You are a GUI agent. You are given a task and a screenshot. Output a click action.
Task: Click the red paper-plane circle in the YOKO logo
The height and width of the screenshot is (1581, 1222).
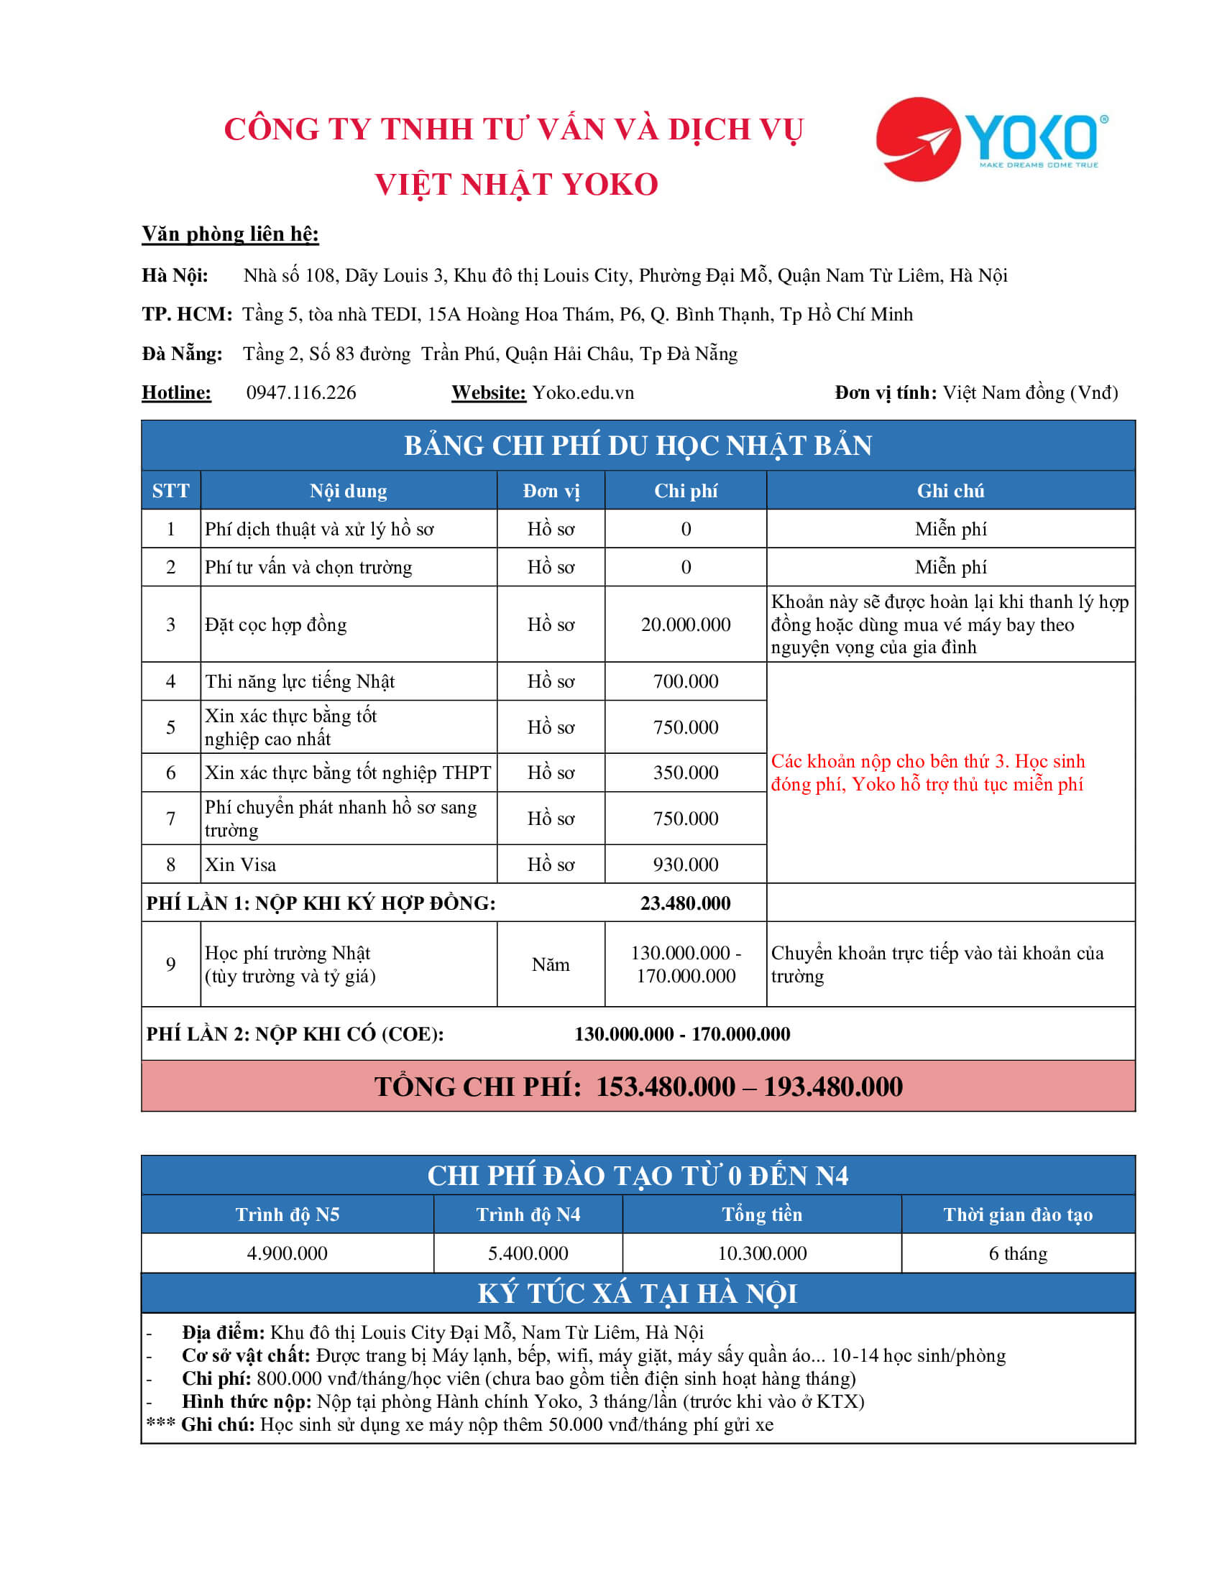917,139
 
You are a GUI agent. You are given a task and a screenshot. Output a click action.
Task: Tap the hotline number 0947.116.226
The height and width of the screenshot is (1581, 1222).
301,392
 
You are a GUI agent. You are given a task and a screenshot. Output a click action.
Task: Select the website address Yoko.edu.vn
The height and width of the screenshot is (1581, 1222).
583,392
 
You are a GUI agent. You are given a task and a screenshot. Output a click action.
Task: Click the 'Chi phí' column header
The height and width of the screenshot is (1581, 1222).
685,491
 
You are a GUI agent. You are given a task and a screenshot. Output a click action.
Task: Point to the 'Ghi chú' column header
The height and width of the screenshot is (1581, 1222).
950,491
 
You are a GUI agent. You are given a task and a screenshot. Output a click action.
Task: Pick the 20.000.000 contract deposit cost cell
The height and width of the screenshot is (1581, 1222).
685,624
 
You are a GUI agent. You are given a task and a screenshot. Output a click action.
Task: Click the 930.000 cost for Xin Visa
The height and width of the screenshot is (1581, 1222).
685,865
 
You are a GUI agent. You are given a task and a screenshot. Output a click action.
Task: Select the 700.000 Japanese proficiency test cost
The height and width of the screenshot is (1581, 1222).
685,681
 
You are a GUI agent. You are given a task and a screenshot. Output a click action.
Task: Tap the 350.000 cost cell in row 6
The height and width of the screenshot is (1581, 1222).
685,773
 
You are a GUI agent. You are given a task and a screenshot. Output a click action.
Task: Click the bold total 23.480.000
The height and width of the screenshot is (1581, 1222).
685,903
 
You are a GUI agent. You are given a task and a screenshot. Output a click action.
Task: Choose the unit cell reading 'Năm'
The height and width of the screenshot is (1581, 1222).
550,964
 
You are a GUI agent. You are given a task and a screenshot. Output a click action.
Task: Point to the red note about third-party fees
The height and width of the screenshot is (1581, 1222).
927,773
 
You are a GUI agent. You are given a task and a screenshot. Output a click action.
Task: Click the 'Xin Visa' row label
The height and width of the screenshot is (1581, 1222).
240,865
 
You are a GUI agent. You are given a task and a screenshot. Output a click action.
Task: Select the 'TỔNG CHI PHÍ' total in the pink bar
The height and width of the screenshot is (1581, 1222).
638,1087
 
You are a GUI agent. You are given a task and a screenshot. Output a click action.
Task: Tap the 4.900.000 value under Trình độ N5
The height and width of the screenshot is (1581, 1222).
287,1253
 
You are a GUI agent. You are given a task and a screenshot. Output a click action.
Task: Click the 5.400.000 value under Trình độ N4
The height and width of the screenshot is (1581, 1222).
528,1253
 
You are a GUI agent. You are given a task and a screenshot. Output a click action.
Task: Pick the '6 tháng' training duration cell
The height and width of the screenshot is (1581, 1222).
1017,1253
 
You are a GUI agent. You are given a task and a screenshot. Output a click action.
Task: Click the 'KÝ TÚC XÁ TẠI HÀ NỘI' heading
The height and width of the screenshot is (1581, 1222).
638,1294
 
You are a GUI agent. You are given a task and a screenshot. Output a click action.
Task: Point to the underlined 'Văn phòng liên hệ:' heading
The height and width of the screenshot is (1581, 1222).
230,234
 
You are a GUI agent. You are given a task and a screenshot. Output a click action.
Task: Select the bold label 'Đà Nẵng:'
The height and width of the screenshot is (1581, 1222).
183,354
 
